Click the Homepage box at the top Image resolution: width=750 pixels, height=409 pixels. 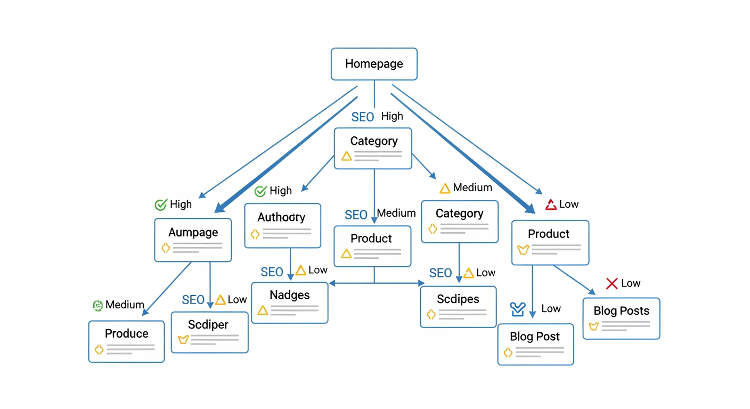tap(374, 64)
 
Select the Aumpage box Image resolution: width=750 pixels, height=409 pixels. tap(193, 240)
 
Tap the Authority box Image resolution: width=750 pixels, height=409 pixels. tap(282, 225)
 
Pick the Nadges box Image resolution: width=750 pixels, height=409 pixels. tap(289, 302)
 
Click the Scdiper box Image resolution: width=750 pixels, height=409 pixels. tap(209, 332)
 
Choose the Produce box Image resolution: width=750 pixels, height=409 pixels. tap(126, 341)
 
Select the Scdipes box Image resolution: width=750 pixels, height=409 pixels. tap(458, 306)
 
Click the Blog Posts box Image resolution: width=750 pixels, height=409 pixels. tap(621, 318)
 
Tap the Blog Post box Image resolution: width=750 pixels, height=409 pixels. tap(535, 344)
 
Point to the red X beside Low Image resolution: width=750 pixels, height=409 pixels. tap(612, 283)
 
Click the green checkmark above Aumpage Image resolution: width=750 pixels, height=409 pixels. tap(160, 204)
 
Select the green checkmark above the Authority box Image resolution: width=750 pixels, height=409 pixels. tap(260, 191)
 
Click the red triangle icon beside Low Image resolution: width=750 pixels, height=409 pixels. tap(551, 204)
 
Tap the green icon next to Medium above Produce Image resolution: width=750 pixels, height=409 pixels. tap(97, 305)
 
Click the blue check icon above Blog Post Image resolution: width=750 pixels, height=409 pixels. tap(518, 308)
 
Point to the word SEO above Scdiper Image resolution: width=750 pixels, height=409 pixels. tap(193, 300)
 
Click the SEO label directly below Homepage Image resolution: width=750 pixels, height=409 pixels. tap(362, 117)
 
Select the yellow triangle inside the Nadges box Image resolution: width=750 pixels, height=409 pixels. tap(262, 310)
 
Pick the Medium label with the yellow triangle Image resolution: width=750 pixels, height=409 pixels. tap(472, 188)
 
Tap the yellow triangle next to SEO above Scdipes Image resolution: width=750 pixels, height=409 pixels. tap(469, 273)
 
